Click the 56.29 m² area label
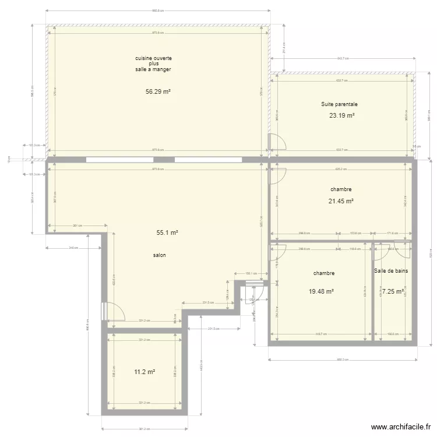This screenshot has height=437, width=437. pos(158,91)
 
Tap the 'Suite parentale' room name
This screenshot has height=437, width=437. pos(339,104)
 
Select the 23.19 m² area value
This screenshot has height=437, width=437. pos(341,115)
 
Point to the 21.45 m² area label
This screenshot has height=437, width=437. pos(341,201)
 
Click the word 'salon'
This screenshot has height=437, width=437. pos(159,255)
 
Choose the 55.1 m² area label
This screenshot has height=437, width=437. pos(167,232)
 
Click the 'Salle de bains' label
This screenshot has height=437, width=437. pos(391,271)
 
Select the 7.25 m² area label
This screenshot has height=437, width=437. pos(393,291)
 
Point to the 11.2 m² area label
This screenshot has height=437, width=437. pos(144,372)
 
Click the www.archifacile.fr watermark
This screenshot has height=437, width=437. pos(400,427)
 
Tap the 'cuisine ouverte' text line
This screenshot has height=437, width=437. pos(153,58)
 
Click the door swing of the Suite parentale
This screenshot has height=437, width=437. pos(277,142)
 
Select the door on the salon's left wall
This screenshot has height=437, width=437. pos(114,312)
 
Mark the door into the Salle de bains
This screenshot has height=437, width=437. pos(383,251)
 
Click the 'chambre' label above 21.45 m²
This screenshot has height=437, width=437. pos(341,189)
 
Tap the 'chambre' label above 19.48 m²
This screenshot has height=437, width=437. pos(324,273)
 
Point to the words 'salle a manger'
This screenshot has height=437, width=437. pos(153,69)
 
